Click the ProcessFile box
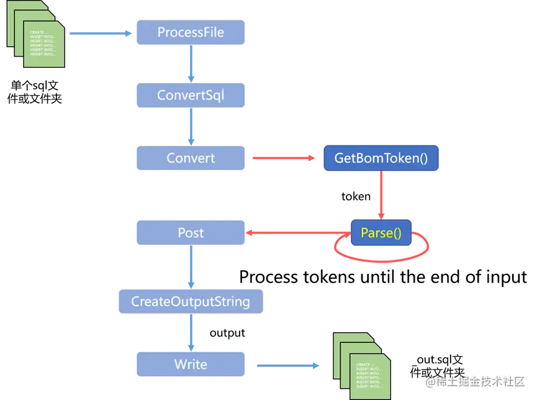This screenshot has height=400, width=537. (191, 32)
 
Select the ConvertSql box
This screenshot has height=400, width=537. (191, 96)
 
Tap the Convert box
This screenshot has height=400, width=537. (191, 158)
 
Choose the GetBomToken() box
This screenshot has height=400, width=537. (381, 158)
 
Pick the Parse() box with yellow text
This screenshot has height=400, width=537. (381, 234)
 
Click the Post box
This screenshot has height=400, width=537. (191, 234)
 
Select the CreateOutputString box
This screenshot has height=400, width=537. (191, 302)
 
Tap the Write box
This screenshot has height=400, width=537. (191, 365)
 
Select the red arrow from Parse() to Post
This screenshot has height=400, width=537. (298, 234)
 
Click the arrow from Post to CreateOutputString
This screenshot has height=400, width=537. (191, 267)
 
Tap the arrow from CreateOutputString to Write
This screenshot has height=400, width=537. (191, 333)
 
